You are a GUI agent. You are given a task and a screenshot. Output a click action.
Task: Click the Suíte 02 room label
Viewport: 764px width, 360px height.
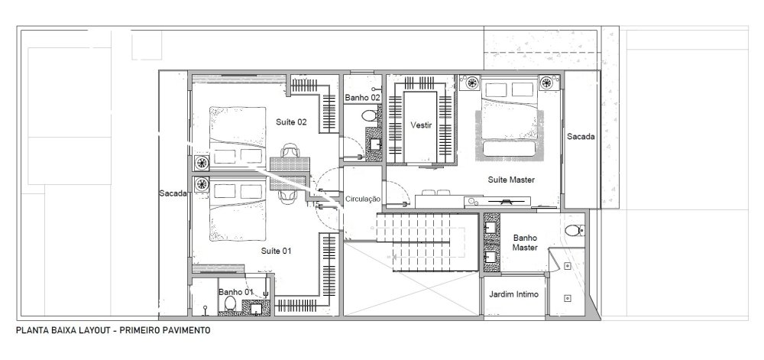pos(291,122)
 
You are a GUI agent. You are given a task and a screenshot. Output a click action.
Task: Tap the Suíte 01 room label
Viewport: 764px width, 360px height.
pos(276,251)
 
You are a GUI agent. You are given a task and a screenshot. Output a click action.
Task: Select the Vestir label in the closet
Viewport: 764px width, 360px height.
pos(421,125)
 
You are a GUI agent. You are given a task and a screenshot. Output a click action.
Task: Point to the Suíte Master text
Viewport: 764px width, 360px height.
pos(511,180)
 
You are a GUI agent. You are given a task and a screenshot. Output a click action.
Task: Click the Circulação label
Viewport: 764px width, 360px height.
pos(362,199)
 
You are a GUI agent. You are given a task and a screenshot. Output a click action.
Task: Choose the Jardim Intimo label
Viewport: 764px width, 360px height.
pos(513,294)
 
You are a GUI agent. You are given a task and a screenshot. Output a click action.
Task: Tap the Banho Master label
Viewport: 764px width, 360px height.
pos(526,242)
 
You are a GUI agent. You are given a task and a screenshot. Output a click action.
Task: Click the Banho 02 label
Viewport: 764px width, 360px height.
pos(362,97)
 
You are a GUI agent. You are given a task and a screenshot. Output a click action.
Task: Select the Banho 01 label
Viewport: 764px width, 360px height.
pos(236,292)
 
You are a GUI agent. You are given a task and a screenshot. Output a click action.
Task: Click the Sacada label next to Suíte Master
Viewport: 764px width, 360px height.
pos(581,137)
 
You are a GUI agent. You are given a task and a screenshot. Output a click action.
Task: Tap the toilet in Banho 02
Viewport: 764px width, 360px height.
pos(369,116)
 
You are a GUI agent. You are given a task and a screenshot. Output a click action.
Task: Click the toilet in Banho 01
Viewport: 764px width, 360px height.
pos(230,304)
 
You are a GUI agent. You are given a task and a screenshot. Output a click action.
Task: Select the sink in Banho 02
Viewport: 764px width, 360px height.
pos(375,144)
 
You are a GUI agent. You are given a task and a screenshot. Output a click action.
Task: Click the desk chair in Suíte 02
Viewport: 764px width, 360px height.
pos(290,151)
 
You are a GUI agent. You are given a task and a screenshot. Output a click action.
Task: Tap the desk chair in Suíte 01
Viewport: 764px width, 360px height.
pos(286,196)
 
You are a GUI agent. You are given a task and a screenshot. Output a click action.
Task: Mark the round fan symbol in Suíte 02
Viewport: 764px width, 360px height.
pos(202,163)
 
